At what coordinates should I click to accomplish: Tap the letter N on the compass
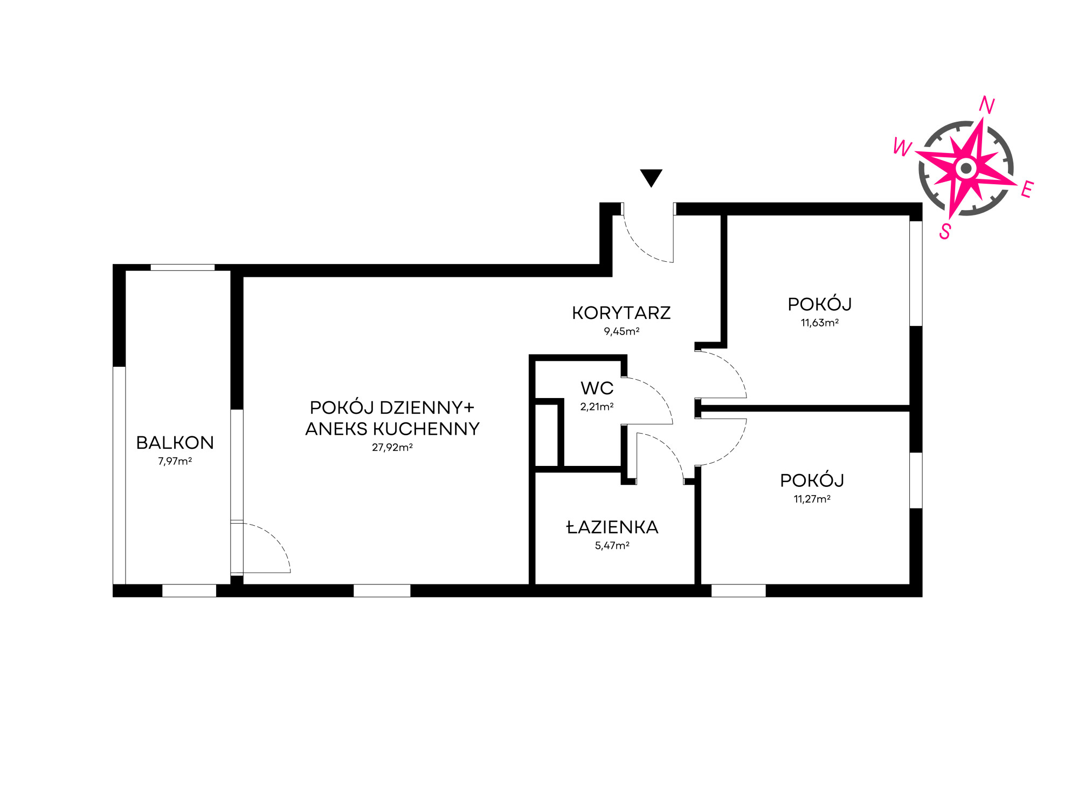(986, 105)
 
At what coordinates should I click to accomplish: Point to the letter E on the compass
(1027, 190)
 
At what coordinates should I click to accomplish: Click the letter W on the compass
(903, 147)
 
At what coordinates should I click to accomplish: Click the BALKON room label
(175, 443)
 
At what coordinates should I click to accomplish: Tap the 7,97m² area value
(175, 461)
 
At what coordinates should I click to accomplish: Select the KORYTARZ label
(621, 313)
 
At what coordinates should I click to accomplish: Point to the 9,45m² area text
(621, 331)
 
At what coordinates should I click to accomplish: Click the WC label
(597, 388)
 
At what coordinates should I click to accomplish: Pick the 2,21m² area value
(597, 407)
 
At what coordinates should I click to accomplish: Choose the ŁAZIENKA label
(612, 527)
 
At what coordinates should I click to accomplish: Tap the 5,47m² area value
(612, 546)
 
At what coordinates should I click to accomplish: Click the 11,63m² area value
(820, 323)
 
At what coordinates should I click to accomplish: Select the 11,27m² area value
(812, 499)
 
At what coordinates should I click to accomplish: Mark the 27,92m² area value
(392, 447)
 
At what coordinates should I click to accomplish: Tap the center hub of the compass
(966, 169)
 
